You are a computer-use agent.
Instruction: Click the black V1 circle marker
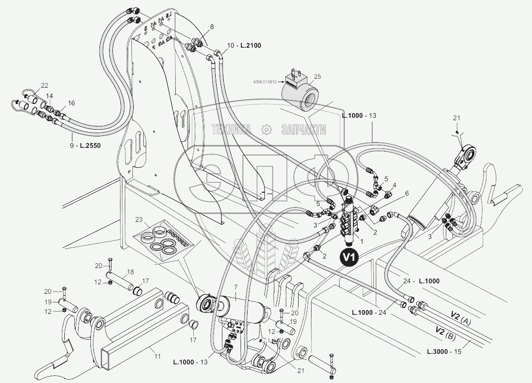(x=350, y=257)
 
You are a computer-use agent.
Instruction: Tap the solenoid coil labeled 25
(x=298, y=93)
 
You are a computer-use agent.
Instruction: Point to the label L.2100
(x=251, y=45)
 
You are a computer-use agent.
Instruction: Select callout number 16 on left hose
(x=71, y=103)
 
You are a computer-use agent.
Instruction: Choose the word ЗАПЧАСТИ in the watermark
(x=303, y=129)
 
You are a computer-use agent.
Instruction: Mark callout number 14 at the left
(x=50, y=96)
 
